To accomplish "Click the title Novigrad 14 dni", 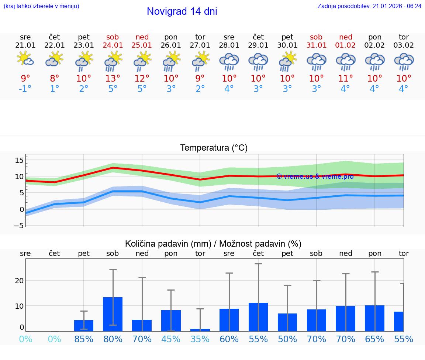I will click(182, 11).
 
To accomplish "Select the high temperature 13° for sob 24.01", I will click(113, 79).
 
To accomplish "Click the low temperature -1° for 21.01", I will click(25, 89).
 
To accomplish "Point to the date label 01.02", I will click(345, 45).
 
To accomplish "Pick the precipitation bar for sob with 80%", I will click(113, 314).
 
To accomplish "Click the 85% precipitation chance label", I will click(84, 339).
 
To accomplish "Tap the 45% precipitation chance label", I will click(171, 339).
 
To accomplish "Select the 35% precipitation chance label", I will click(200, 339).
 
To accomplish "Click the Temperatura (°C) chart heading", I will click(214, 148).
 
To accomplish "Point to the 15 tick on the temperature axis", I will click(19, 160).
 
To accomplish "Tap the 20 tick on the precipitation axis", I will click(19, 281).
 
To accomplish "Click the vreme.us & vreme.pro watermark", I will click(315, 176).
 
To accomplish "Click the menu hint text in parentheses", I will click(41, 6).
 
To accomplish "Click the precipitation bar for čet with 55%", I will click(258, 317).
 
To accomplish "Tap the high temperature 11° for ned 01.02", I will click(345, 79).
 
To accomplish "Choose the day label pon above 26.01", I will click(171, 37).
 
